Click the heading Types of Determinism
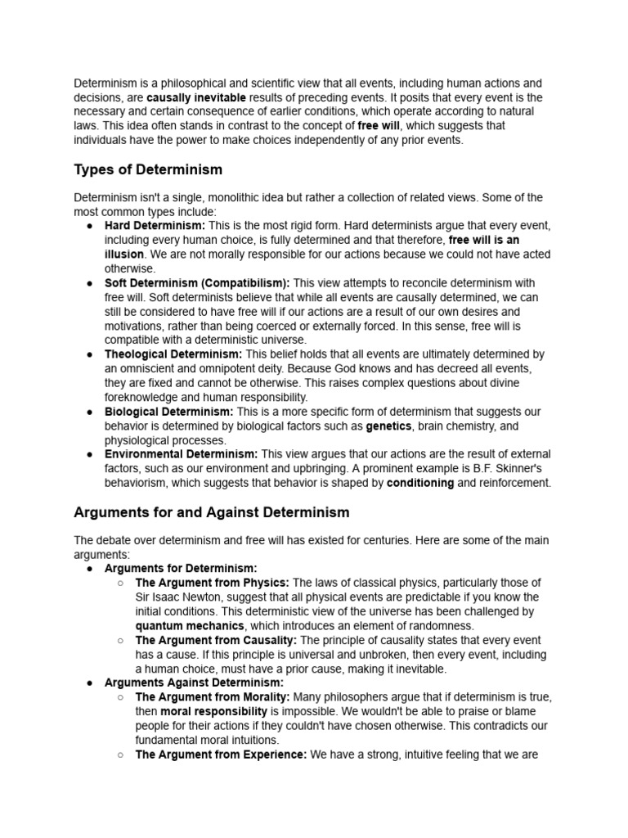[148, 169]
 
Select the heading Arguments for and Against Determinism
[212, 512]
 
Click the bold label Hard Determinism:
[155, 226]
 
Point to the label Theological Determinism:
[173, 354]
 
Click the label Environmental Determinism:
[181, 454]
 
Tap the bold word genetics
[388, 426]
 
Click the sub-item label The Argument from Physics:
[212, 583]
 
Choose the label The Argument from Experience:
[221, 755]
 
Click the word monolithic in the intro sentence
[240, 198]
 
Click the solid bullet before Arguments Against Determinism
[89, 683]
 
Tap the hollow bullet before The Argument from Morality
[119, 697]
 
